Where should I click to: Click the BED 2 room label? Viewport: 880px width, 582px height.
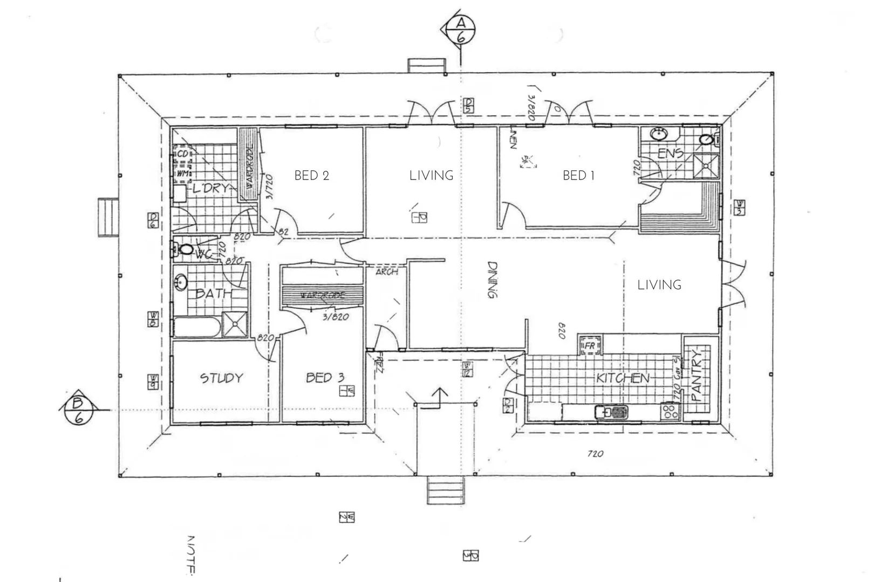pyautogui.click(x=311, y=176)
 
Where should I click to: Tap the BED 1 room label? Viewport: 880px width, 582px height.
pyautogui.click(x=578, y=176)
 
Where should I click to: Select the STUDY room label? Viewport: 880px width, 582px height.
pyautogui.click(x=221, y=378)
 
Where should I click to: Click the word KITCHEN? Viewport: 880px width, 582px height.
pyautogui.click(x=623, y=378)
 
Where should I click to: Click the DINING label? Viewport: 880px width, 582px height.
pyautogui.click(x=492, y=280)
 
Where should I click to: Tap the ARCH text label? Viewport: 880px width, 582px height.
pyautogui.click(x=386, y=272)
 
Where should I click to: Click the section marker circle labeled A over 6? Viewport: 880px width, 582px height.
pyautogui.click(x=461, y=30)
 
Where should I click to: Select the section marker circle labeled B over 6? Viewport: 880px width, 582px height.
pyautogui.click(x=79, y=410)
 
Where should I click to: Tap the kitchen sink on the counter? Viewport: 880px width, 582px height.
pyautogui.click(x=611, y=413)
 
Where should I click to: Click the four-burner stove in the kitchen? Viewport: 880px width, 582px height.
pyautogui.click(x=671, y=412)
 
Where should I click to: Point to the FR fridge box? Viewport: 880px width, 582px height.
pyautogui.click(x=590, y=345)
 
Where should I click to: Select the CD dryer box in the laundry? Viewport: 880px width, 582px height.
pyautogui.click(x=182, y=154)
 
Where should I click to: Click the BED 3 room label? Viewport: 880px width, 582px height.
pyautogui.click(x=325, y=378)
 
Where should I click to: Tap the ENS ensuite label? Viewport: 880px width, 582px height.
pyautogui.click(x=670, y=154)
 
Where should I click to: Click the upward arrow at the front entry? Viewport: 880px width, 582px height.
pyautogui.click(x=440, y=398)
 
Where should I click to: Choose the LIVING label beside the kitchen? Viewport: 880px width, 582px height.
pyautogui.click(x=659, y=285)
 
